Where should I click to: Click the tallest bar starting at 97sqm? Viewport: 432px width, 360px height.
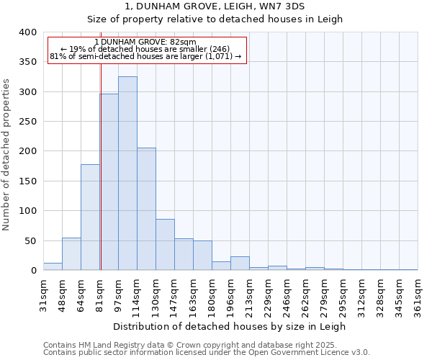(127, 173)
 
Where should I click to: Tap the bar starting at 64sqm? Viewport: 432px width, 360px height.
(90, 217)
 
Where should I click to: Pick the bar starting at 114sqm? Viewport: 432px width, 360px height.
(146, 209)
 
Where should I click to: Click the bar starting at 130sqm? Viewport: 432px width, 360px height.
(165, 245)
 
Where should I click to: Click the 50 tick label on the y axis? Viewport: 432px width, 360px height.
(30, 240)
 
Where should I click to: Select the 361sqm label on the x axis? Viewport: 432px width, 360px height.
(418, 294)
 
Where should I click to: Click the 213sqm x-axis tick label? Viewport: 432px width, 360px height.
(249, 294)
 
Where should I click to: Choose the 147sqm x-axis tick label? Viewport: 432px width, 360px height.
(174, 294)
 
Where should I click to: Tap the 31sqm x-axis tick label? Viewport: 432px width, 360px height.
(43, 294)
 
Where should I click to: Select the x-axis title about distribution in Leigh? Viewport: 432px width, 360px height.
(230, 326)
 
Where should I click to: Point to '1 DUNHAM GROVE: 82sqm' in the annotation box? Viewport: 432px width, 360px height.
(145, 42)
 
